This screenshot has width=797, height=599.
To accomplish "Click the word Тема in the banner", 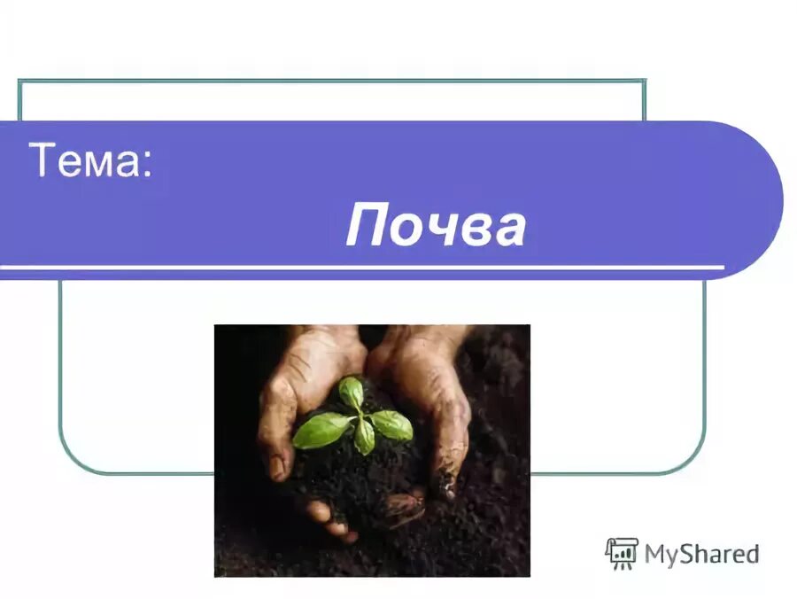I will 85,160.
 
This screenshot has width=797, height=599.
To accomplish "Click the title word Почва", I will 436,226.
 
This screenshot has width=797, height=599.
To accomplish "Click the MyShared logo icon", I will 622,553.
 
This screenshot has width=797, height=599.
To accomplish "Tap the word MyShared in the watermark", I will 701,555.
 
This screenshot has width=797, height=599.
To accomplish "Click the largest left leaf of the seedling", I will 321,430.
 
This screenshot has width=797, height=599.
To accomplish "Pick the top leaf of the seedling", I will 352,393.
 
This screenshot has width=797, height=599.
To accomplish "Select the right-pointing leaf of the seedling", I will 392,424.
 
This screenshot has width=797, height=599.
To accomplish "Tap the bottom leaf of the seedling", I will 364,437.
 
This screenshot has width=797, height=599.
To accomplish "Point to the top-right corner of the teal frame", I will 644,82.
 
